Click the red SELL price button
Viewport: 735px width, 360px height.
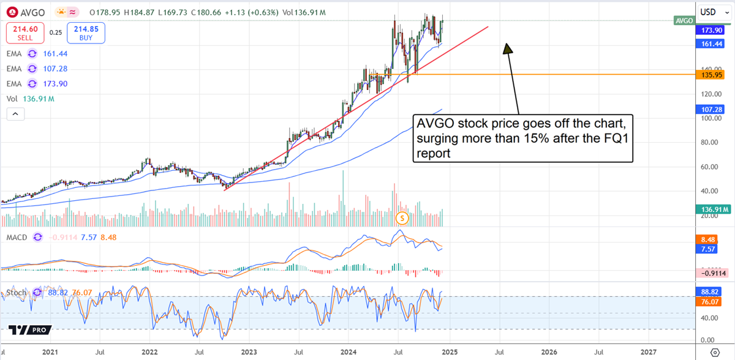tap(25, 32)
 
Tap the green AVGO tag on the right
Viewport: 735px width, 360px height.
tap(683, 20)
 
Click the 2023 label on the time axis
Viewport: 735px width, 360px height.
tap(249, 353)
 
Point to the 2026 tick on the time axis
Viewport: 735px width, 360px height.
tap(549, 353)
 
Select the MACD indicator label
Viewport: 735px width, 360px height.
tap(17, 237)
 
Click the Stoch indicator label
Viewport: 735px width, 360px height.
tap(17, 293)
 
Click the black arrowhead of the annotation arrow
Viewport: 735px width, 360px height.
tap(507, 48)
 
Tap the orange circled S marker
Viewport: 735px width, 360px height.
tap(402, 217)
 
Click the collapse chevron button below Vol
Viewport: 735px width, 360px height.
tap(15, 114)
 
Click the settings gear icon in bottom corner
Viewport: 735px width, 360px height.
tap(714, 353)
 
